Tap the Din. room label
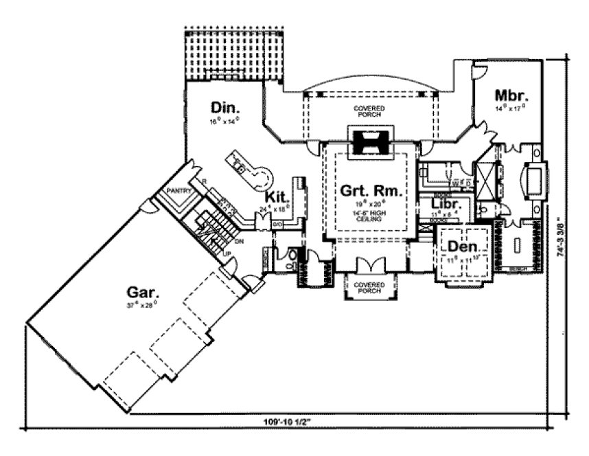click(224, 108)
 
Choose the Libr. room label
click(445, 204)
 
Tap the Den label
click(463, 246)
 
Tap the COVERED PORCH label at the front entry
click(369, 287)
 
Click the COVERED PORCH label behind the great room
click(369, 111)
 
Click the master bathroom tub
click(532, 180)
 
